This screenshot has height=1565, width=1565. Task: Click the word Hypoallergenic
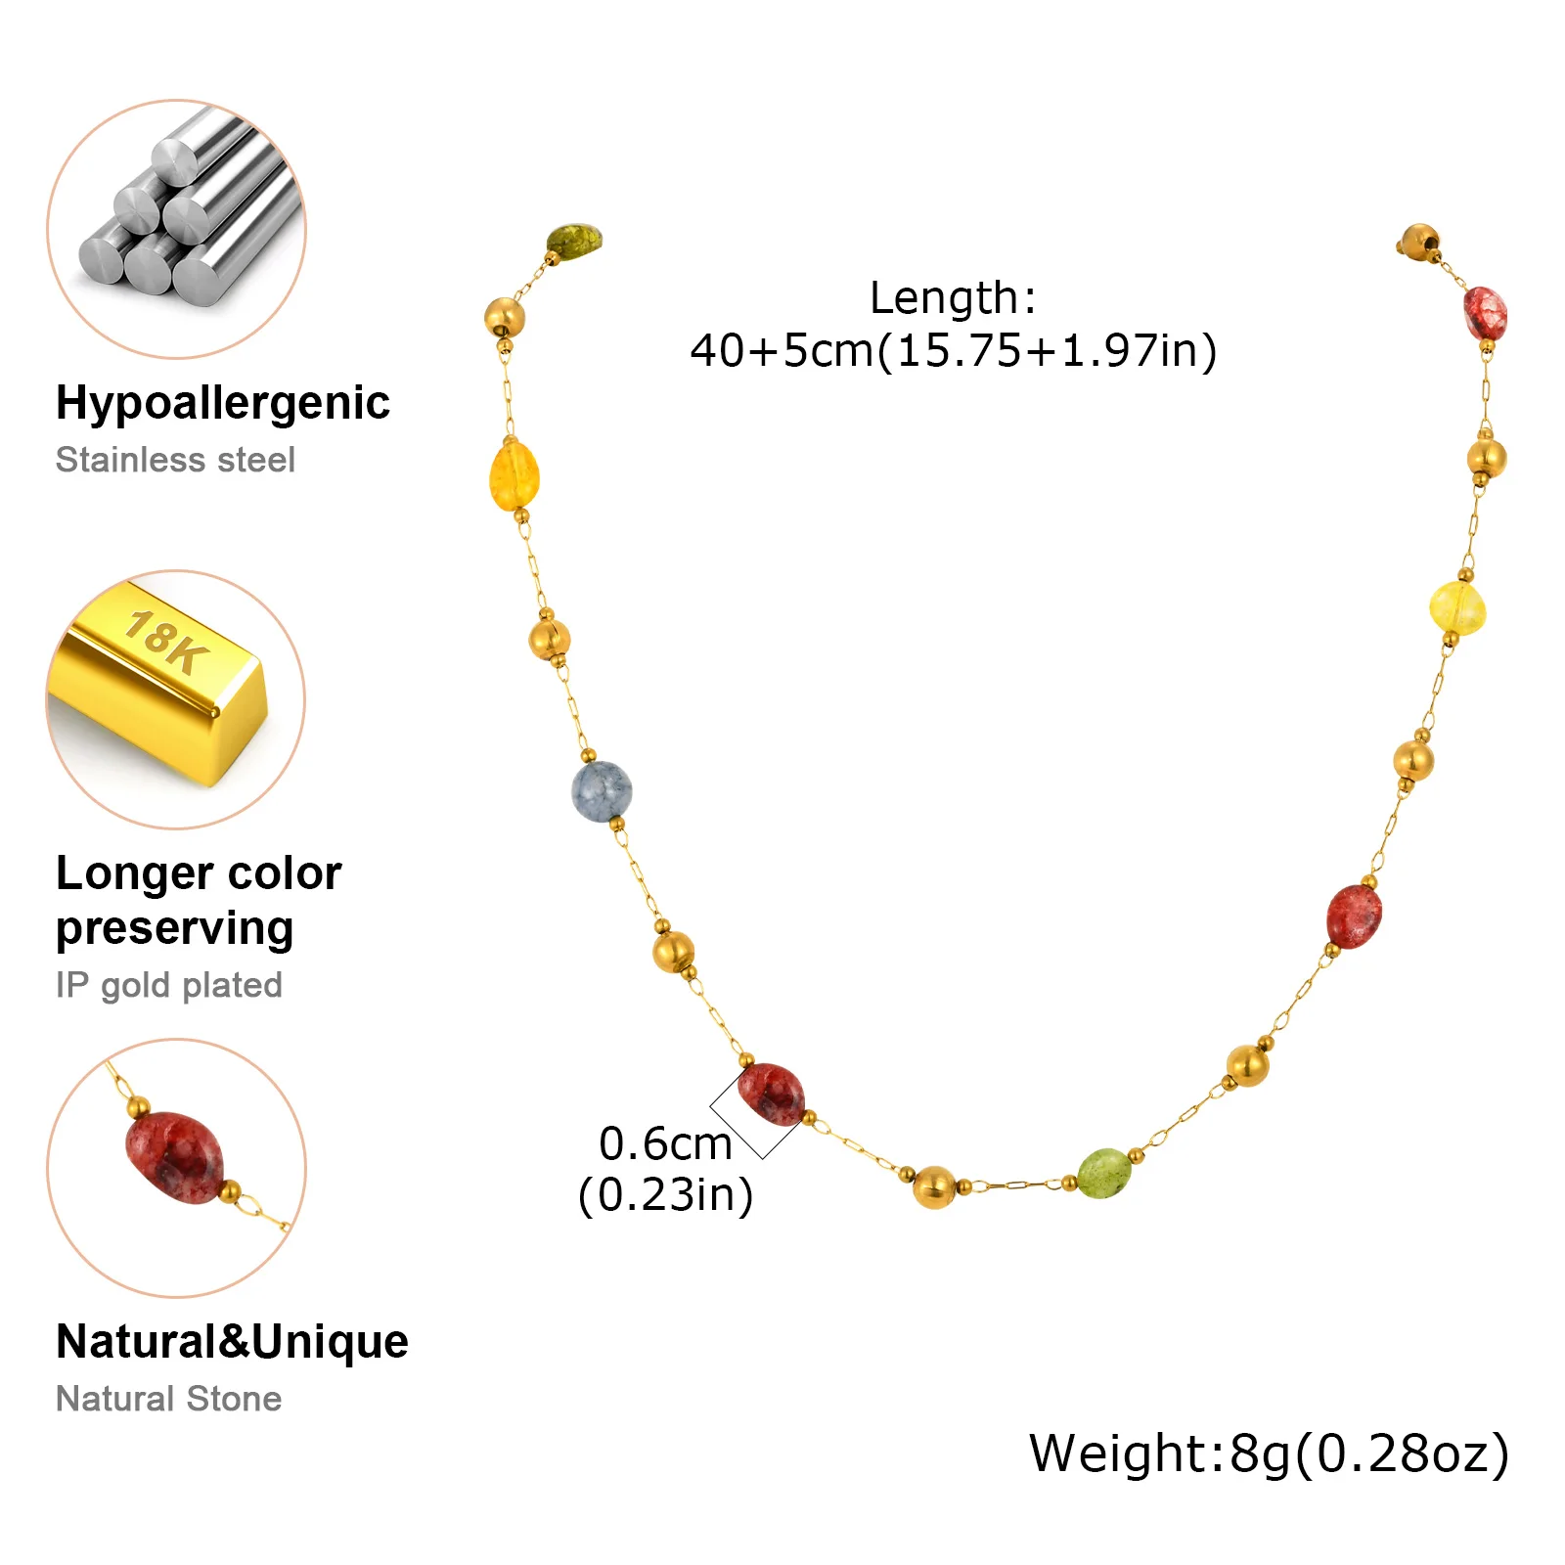[x=222, y=403]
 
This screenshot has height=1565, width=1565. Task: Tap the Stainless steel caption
[x=175, y=460]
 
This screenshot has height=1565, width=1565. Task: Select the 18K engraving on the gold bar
[x=167, y=641]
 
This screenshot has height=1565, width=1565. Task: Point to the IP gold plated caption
[x=168, y=985]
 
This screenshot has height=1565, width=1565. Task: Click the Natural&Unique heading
[x=232, y=1341]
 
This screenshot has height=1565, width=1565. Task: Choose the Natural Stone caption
[x=168, y=1399]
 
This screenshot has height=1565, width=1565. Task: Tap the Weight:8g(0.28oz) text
[x=1269, y=1453]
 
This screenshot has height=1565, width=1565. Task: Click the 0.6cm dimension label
[x=665, y=1143]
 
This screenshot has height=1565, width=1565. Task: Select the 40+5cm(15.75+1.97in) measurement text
[x=953, y=350]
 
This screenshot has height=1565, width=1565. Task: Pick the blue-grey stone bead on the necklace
[x=602, y=791]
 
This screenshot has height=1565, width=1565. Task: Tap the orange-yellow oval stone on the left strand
[x=514, y=476]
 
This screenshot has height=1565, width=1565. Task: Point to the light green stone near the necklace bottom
[x=1104, y=1172]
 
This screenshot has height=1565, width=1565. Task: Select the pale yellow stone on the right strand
[x=1457, y=607]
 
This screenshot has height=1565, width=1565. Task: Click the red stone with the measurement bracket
[x=771, y=1094]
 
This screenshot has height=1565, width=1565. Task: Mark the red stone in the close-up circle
[x=176, y=1157]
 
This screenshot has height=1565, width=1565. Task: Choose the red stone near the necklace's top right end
[x=1485, y=313]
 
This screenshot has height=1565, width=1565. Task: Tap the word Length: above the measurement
[x=952, y=297]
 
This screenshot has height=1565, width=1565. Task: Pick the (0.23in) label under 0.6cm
[x=665, y=1195]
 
